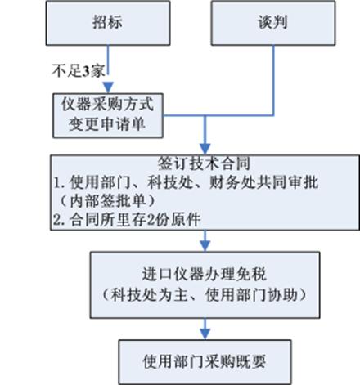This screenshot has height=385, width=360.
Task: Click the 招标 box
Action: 108,23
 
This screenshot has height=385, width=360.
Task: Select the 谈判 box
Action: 273,23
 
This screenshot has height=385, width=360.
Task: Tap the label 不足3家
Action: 79,71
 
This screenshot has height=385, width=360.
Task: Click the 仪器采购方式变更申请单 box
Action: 108,115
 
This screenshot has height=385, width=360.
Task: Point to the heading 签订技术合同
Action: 204,163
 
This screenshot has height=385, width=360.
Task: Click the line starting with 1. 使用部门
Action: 186,182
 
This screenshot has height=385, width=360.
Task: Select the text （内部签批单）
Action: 107,201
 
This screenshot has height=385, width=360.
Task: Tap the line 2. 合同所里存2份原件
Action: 127,219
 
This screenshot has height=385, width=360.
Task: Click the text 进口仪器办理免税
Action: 204,274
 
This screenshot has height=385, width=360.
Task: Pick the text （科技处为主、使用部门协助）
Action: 205,294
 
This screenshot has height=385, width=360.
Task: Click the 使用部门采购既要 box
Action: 205,362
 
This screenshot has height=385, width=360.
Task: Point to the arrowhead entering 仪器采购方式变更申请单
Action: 108,87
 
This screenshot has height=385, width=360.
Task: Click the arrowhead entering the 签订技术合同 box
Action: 205,149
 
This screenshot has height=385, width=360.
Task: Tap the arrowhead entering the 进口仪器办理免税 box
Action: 205,245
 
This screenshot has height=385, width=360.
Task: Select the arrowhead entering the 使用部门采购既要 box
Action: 205,334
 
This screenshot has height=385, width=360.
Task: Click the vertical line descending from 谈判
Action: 273,80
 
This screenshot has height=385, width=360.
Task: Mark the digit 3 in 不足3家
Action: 86,71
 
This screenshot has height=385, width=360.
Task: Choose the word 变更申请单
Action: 107,124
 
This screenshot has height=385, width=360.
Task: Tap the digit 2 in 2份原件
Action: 151,220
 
